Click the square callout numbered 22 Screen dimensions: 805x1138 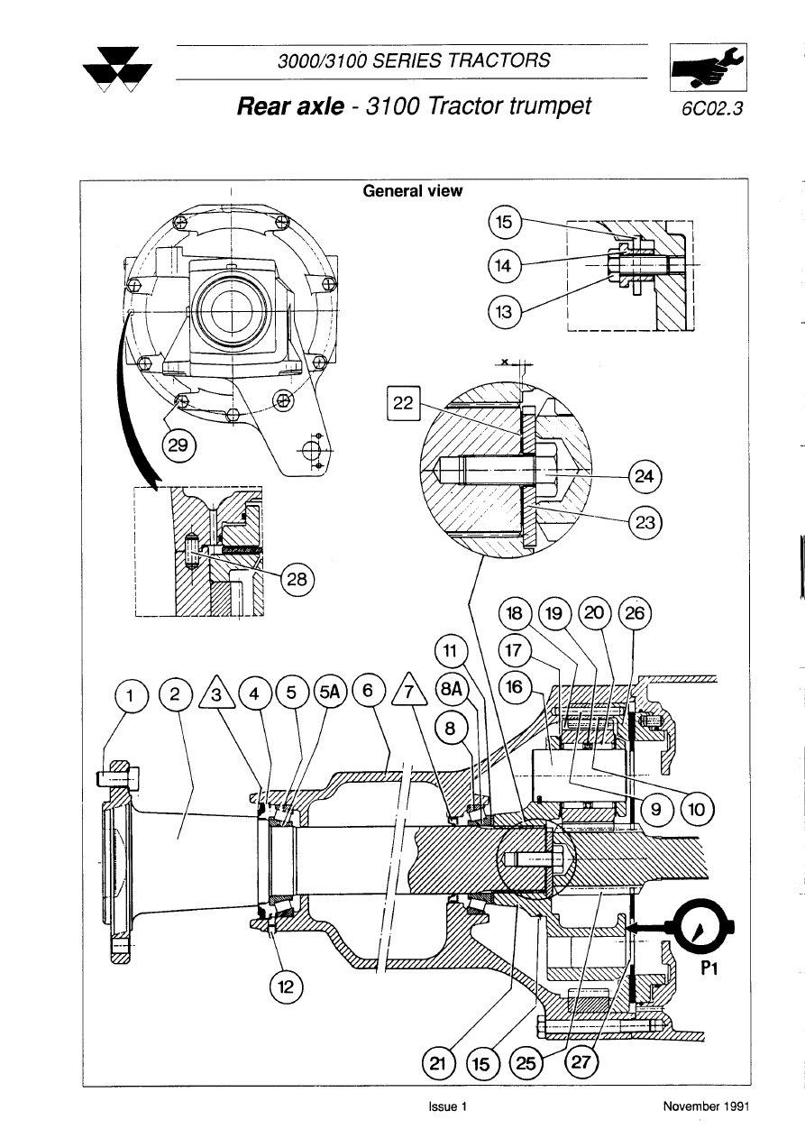point(403,403)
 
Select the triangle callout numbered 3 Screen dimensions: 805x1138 point(216,692)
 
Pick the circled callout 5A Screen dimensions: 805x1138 point(330,693)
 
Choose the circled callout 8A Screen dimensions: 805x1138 point(451,690)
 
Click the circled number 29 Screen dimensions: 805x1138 point(178,445)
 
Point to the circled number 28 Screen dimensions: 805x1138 point(297,579)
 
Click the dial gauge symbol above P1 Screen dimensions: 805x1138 point(702,926)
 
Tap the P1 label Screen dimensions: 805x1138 point(709,968)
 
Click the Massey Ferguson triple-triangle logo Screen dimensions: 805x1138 point(118,70)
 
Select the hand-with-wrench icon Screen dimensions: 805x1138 point(708,67)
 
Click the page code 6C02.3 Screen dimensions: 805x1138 point(711,109)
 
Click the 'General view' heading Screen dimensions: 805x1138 point(412,191)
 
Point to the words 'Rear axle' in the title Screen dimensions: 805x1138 point(290,106)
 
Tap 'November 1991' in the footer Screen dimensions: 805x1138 point(706,1106)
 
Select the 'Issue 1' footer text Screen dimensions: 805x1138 point(447,1106)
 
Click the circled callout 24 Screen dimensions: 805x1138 point(645,476)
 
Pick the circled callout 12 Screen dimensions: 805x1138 point(286,987)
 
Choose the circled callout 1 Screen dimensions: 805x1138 point(131,695)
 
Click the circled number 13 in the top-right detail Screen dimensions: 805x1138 point(504,312)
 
